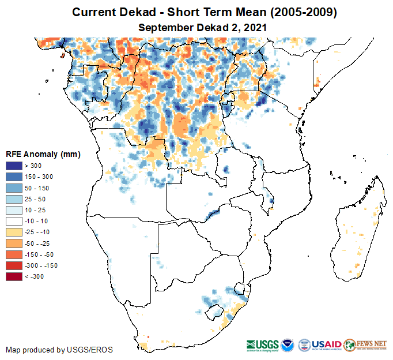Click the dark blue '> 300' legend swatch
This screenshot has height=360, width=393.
point(14,166)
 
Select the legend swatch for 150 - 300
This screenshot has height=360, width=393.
point(14,177)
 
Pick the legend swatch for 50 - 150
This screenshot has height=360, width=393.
point(14,187)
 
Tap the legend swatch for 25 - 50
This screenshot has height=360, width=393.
point(14,198)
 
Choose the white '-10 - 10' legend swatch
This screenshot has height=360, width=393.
point(14,221)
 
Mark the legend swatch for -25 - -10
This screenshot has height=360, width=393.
point(14,232)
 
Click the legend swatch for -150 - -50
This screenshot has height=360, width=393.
point(14,254)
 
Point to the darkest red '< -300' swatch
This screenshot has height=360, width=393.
point(14,276)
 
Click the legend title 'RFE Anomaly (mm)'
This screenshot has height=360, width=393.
point(43,155)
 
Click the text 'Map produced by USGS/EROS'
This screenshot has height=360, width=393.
point(59,350)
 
